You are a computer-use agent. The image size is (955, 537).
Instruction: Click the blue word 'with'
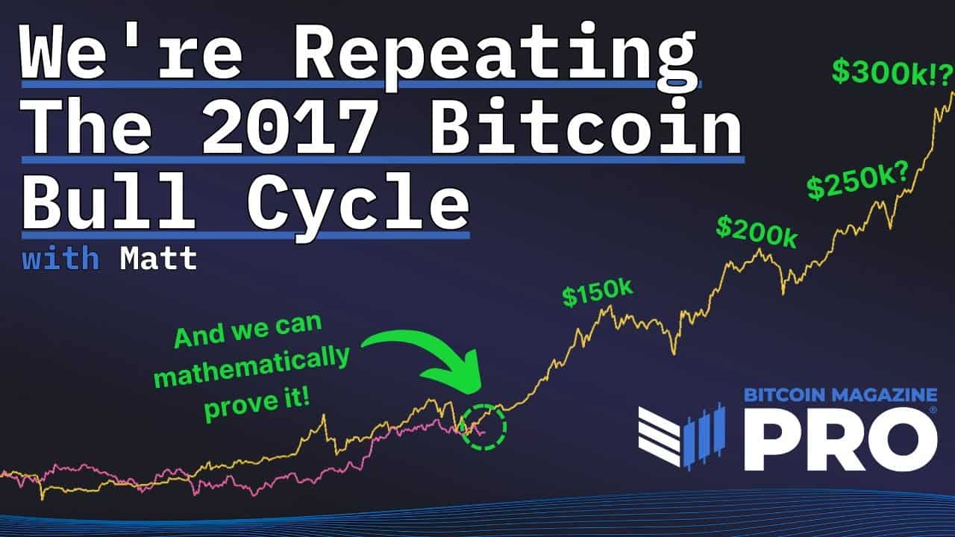(60, 259)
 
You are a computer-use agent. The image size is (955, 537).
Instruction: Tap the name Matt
(158, 259)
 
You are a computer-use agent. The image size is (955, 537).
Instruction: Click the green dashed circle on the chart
(483, 427)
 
